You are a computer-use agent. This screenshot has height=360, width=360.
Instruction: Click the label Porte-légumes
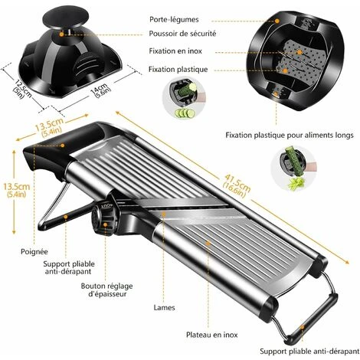tap(174, 20)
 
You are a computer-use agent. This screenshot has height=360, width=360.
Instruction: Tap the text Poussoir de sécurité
tap(182, 34)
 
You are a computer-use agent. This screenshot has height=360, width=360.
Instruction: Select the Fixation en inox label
tap(175, 51)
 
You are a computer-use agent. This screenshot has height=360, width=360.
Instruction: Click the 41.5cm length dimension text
tap(237, 185)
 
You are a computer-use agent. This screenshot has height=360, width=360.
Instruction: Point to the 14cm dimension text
tap(101, 90)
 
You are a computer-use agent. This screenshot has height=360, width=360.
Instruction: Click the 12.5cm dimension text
tap(22, 90)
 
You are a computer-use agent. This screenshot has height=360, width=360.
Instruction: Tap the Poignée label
tap(34, 252)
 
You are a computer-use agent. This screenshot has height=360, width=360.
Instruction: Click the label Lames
tap(164, 308)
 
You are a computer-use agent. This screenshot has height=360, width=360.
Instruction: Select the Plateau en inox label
tap(211, 335)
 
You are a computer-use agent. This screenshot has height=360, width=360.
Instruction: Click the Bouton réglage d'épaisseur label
tap(107, 290)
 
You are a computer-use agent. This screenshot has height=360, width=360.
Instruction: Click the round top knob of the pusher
tap(66, 17)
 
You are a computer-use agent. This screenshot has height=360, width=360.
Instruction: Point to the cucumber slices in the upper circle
tap(185, 113)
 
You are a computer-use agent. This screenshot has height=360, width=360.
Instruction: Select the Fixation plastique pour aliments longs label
tap(290, 135)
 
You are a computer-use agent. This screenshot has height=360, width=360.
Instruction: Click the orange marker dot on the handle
tap(62, 146)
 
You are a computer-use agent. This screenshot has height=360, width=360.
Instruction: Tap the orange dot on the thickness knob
tap(105, 224)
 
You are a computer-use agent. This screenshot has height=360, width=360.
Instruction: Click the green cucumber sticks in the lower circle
tap(296, 183)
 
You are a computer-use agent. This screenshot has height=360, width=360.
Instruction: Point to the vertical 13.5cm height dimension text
tap(16, 190)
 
